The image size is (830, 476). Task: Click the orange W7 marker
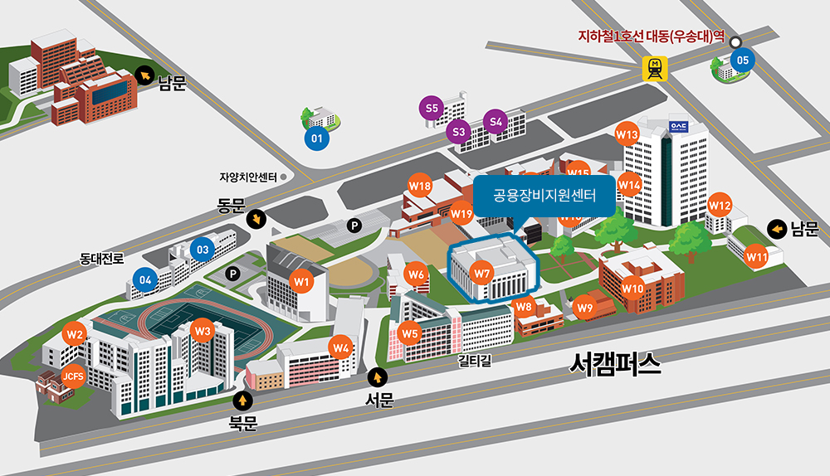[x=482, y=273]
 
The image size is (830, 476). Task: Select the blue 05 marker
[x=742, y=60]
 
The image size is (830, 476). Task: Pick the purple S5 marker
[x=432, y=108]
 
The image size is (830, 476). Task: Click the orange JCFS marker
[x=73, y=376]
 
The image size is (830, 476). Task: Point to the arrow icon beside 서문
[x=380, y=376]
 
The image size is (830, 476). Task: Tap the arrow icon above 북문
[x=243, y=401]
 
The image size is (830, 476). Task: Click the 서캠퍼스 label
[x=616, y=364]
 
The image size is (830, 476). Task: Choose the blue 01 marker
[x=316, y=139]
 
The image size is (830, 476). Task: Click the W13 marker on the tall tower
[x=627, y=134]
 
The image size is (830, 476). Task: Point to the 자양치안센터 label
[x=248, y=177]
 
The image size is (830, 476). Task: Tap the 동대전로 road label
[x=102, y=258]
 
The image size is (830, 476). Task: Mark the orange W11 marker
[x=756, y=257]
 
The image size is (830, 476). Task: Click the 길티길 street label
[x=475, y=361]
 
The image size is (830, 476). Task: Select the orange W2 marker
[x=76, y=335]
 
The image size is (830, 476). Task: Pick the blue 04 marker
[x=145, y=280]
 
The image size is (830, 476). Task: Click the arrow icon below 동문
[x=258, y=220]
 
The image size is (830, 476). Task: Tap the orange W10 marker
[x=632, y=288]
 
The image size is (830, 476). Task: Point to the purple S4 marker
[x=496, y=122]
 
